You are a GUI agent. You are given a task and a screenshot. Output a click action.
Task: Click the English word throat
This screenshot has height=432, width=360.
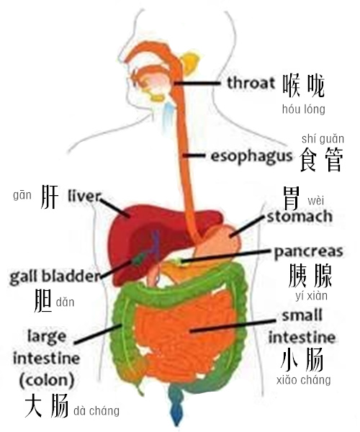pos(251,83)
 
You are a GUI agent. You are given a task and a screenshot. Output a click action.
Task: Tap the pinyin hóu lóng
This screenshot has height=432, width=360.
pos(304,109)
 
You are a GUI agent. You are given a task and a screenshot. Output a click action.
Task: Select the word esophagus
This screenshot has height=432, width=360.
pos(251,156)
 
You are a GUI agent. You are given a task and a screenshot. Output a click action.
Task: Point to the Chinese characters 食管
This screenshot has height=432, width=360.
pos(321,160)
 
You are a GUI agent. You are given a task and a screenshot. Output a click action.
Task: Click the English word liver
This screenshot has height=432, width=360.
pos(84,196)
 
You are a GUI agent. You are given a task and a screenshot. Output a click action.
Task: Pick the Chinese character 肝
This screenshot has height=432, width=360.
pos(50,197)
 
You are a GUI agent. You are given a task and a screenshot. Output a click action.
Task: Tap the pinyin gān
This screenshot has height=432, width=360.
pos(22,196)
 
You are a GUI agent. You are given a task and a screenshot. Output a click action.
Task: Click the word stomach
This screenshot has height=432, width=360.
pos(300,217)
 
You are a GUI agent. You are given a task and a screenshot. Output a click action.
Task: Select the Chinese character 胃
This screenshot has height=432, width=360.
pos(292,198)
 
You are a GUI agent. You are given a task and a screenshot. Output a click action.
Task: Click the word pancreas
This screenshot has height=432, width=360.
pos(308,252)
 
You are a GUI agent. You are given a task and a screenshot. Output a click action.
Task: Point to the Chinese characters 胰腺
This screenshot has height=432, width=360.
pos(310,276)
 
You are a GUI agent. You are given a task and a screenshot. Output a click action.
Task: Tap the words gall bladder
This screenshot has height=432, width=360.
pos(54,276)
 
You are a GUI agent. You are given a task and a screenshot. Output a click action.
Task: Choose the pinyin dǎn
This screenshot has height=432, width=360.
pos(65,302)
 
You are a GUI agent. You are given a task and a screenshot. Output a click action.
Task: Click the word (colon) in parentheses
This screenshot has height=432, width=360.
pos(47,380)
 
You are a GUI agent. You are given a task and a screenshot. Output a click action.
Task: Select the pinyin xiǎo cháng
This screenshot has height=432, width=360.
pos(303,380)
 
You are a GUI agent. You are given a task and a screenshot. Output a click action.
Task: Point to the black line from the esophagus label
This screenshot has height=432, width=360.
pos(194,156)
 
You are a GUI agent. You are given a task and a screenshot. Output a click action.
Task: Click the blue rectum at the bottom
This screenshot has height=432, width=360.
pos(176,405)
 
